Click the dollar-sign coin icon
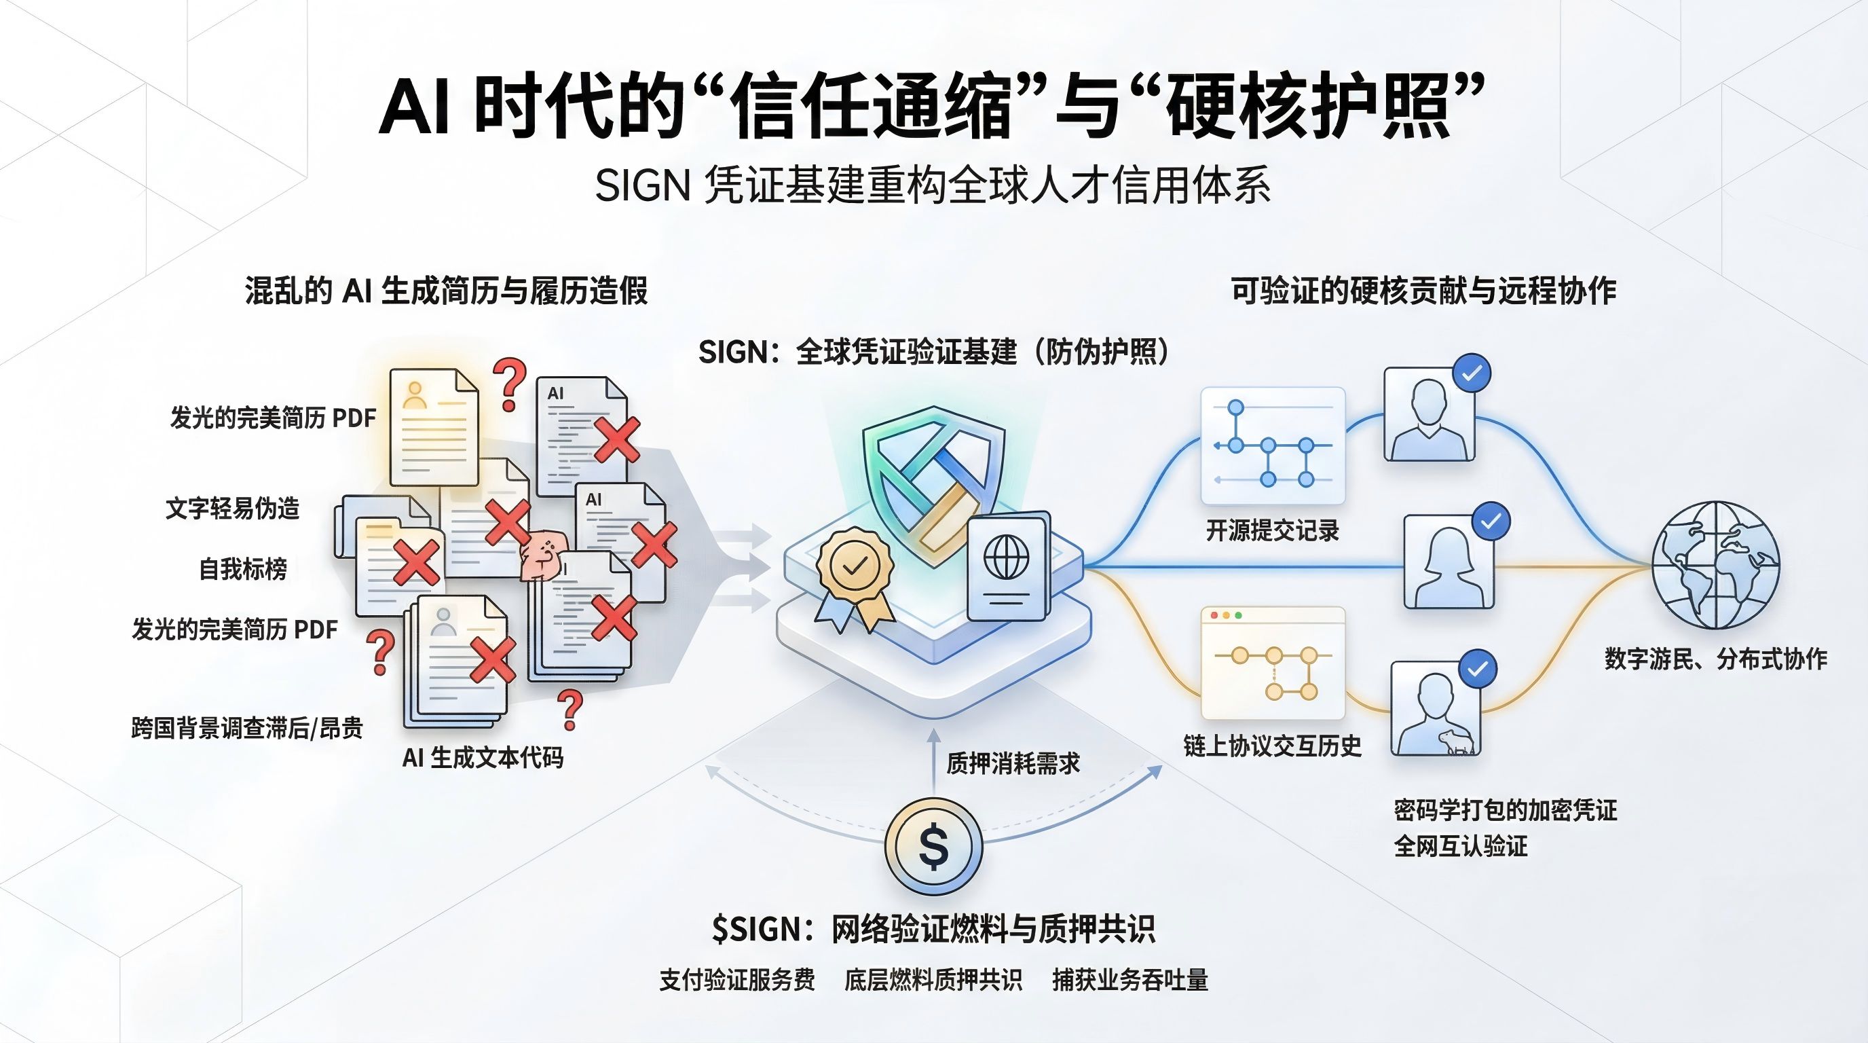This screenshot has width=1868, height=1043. tap(933, 847)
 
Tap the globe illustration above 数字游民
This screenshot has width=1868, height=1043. tap(1715, 565)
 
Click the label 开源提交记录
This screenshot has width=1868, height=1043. tap(1272, 531)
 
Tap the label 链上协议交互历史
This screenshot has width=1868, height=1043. tap(1272, 746)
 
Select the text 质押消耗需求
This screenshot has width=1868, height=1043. tap(1013, 764)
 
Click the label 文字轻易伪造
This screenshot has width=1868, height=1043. tap(232, 509)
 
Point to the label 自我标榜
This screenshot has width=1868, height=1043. tap(243, 568)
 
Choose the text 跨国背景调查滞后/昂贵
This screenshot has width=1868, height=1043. tap(246, 727)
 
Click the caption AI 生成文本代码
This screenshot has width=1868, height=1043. tap(482, 758)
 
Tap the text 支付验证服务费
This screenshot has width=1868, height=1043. tap(736, 980)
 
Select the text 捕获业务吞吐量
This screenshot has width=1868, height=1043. tap(1129, 980)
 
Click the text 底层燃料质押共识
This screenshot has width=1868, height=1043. tap(933, 980)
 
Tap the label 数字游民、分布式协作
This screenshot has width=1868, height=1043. tap(1715, 659)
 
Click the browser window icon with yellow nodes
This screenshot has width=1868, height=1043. tap(1273, 662)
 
